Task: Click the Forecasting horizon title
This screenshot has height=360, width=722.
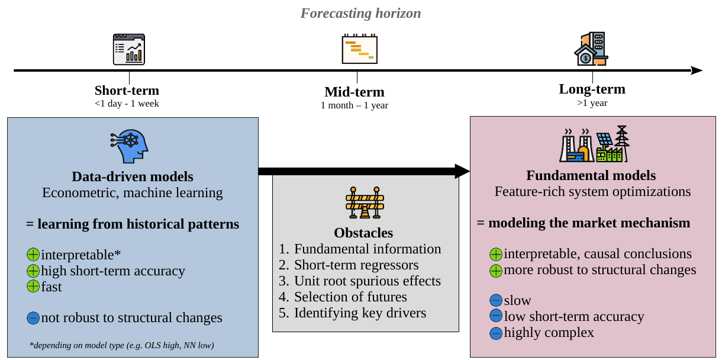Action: tap(360, 14)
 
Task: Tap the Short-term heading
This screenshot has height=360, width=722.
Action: tap(127, 91)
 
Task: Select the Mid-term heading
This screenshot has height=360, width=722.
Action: tap(354, 92)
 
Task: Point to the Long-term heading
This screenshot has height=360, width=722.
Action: tap(592, 89)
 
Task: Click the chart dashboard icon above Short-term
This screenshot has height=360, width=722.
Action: tap(129, 49)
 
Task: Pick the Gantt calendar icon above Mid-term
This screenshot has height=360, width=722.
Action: tap(360, 49)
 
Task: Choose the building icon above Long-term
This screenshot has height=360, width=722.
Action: tap(591, 49)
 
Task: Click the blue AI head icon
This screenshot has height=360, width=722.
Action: tap(129, 146)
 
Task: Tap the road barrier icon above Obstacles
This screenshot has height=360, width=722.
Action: tap(365, 202)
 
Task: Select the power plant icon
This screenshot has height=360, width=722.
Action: tap(594, 144)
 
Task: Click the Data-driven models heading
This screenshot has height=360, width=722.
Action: tap(133, 177)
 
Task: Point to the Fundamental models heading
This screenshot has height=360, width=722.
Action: tap(591, 175)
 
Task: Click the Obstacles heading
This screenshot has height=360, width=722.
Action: tap(363, 233)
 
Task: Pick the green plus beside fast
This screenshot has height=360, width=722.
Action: tap(33, 287)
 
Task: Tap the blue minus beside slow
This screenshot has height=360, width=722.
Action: tap(496, 300)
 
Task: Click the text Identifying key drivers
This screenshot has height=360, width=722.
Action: tap(360, 313)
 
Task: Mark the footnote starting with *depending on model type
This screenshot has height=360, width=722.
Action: tap(121, 345)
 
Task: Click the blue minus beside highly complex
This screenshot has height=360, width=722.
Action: tap(496, 333)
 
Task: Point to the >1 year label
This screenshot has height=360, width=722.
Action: tap(592, 103)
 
